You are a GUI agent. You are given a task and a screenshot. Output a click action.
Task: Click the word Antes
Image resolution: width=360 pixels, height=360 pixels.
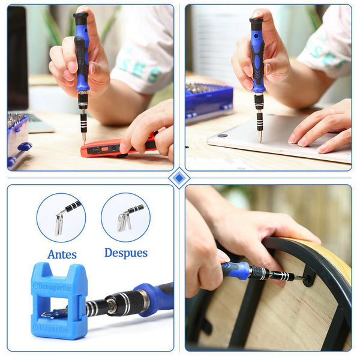[62, 254]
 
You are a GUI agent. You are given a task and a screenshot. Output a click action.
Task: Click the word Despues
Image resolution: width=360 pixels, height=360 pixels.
[126, 253]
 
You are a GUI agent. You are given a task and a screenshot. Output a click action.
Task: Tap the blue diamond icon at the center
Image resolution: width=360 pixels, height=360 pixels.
[179, 178]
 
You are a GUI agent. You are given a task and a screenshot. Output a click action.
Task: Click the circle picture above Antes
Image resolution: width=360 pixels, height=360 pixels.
[61, 217]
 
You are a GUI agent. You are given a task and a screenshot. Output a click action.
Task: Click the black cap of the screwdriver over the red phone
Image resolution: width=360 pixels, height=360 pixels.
[80, 19]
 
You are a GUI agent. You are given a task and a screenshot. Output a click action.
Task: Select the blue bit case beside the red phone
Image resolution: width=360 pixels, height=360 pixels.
[18, 139]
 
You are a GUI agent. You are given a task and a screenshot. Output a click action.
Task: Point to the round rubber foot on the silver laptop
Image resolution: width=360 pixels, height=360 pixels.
[223, 136]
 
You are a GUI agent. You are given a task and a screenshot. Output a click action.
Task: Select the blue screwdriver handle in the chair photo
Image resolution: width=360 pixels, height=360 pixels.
[235, 270]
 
